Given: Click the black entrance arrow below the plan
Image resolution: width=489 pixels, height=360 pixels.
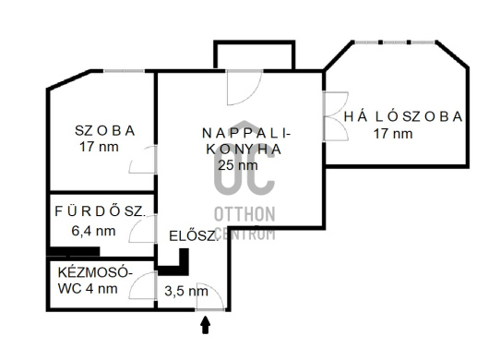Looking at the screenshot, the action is click(x=205, y=325).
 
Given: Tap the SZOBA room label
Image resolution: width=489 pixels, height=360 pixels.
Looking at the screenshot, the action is click(x=105, y=131).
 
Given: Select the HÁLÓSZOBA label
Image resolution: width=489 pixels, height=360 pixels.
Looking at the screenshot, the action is click(x=403, y=116).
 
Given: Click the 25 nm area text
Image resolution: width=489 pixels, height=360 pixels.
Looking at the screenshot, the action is click(x=238, y=165).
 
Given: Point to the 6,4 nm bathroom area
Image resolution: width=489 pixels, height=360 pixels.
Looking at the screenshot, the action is click(x=93, y=231).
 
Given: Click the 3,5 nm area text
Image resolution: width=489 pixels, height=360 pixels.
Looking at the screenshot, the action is click(x=186, y=292).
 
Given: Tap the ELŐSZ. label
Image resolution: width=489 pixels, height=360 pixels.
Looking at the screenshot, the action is click(x=193, y=235).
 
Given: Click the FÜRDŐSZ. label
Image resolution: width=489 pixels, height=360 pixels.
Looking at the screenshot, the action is click(x=101, y=211).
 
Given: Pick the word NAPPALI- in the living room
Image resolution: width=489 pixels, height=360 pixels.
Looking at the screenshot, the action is click(x=246, y=134).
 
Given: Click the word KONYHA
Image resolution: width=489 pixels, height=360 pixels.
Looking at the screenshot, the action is click(x=244, y=150).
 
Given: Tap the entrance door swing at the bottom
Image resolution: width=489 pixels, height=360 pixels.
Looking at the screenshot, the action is click(x=209, y=296).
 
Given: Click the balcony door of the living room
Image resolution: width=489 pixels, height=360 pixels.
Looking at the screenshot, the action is click(x=244, y=88).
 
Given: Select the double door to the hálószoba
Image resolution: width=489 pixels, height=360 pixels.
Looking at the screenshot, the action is click(x=336, y=116).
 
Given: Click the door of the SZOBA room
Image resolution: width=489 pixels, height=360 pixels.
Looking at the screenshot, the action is click(x=142, y=160).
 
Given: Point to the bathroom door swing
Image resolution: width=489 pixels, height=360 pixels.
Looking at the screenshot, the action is click(x=142, y=229).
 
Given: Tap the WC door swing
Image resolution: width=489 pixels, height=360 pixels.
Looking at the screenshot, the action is click(x=142, y=285).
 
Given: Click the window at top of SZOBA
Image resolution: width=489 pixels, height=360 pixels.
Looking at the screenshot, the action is click(x=125, y=71).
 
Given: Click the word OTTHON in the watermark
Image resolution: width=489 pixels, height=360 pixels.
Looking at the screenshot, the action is click(x=244, y=215).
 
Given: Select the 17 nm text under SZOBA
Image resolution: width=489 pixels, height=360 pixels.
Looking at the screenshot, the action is click(x=99, y=147).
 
